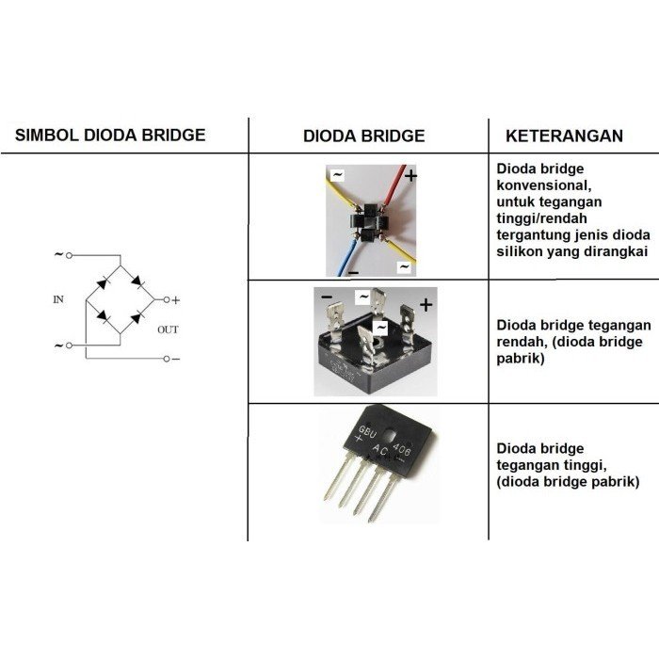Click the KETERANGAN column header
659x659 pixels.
tap(564, 136)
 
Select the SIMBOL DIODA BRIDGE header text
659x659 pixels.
tap(110, 135)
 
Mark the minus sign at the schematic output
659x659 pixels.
tap(176, 359)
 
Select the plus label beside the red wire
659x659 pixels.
tap(411, 175)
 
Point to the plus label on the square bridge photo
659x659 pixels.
tap(426, 305)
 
